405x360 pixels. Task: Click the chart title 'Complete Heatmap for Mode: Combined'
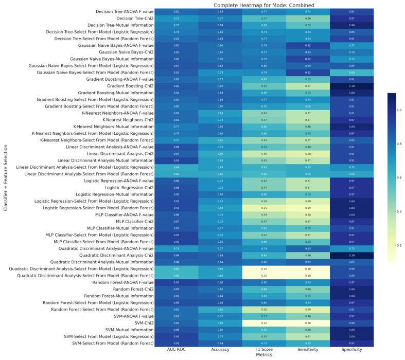[264, 5]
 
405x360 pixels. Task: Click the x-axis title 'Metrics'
[264, 355]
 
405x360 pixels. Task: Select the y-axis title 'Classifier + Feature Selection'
[5, 177]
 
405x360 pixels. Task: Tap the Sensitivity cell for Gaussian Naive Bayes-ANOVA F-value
[308, 45]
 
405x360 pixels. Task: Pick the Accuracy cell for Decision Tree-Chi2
[220, 18]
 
